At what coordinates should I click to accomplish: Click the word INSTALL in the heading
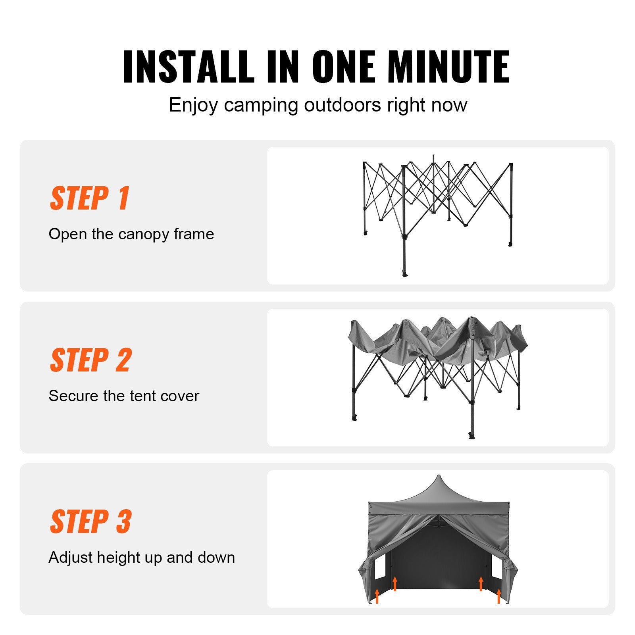(189, 67)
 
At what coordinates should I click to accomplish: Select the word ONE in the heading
(344, 67)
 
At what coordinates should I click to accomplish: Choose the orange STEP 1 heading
(90, 198)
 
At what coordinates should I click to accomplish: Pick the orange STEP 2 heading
(91, 360)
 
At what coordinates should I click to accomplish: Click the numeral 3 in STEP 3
(124, 521)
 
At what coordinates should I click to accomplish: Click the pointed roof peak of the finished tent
(439, 476)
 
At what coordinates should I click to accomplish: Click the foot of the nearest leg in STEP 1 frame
(405, 274)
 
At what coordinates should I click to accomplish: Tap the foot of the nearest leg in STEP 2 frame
(471, 436)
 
